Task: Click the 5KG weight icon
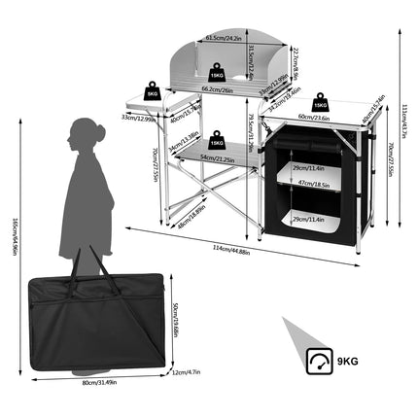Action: click(152, 90)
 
